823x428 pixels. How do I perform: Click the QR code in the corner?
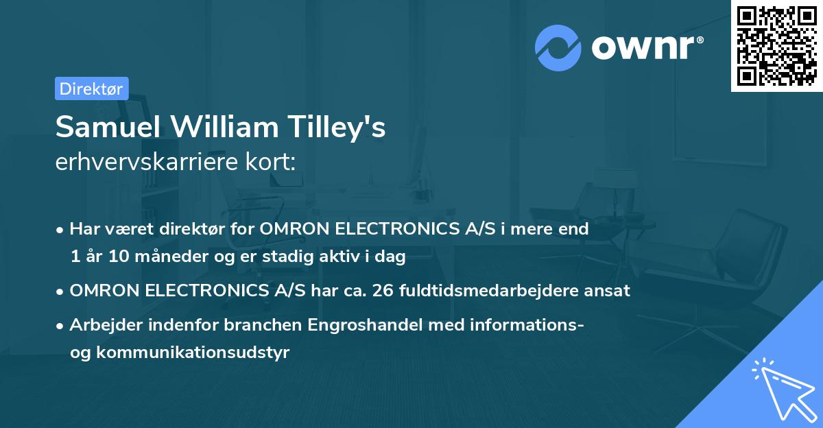click(x=776, y=46)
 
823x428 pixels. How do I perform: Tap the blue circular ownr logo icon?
click(x=558, y=48)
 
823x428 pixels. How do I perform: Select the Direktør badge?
click(x=91, y=88)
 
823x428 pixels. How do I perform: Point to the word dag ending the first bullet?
click(x=392, y=257)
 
